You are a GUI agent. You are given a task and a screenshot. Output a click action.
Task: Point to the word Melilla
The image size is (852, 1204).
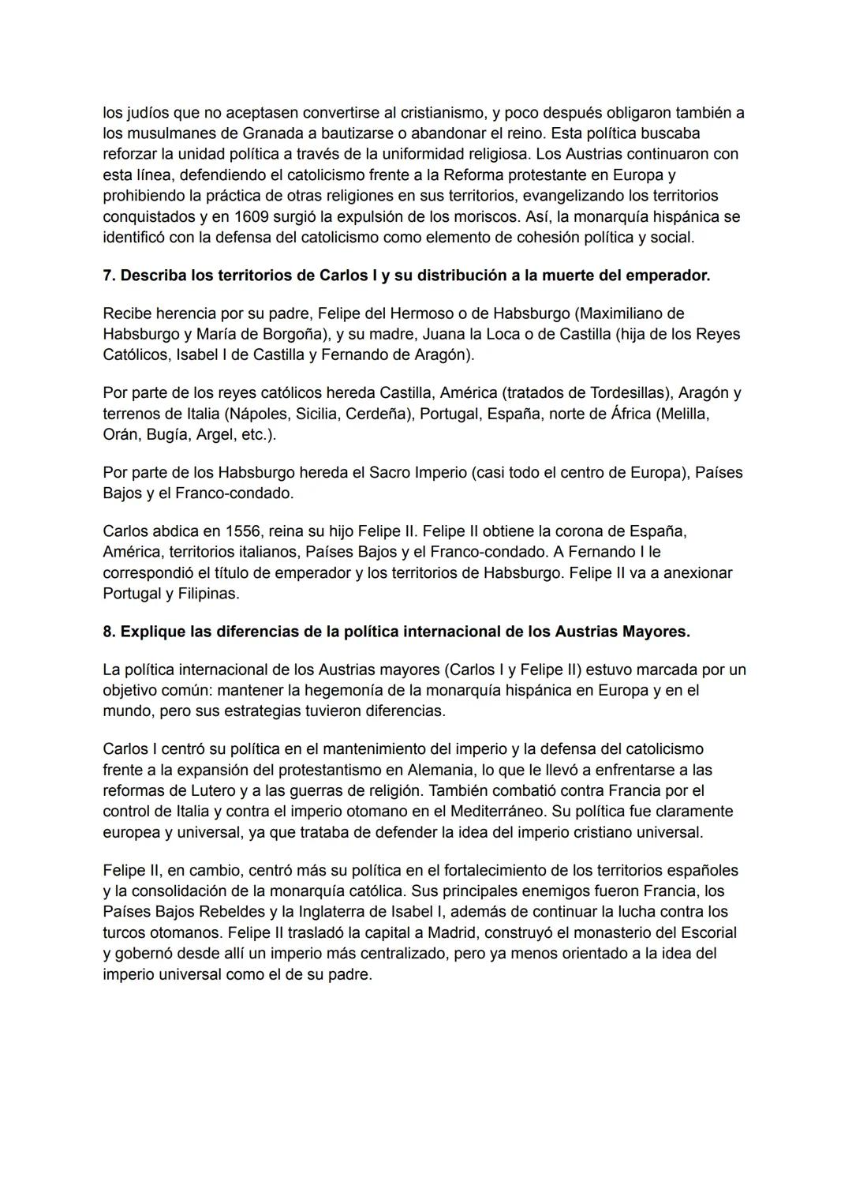(683, 414)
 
